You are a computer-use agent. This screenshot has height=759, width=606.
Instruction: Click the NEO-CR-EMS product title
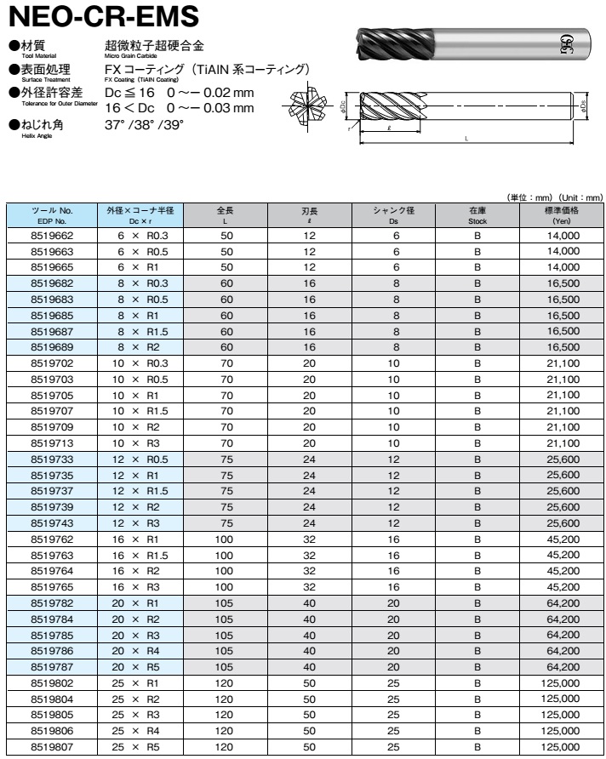102,17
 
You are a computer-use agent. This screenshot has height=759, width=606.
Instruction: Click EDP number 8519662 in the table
52,235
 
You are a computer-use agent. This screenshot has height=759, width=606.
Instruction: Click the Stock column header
477,214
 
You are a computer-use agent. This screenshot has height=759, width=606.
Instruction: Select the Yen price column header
561,214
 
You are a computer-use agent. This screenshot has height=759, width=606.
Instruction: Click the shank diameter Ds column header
392,214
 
